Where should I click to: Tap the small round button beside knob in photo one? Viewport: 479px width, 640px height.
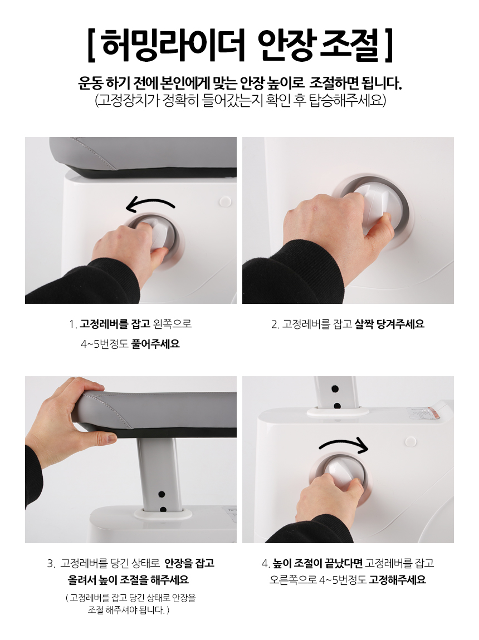[x=225, y=201]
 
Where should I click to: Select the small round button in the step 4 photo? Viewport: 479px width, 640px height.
[x=410, y=441]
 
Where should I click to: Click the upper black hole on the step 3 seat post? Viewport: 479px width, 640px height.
[x=162, y=494]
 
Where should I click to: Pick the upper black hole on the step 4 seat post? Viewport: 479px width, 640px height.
[x=335, y=389]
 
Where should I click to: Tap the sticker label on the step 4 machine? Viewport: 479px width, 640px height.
[x=424, y=412]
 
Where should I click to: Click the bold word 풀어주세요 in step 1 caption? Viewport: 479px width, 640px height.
[x=155, y=344]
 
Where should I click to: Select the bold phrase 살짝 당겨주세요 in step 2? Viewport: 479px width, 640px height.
[x=389, y=324]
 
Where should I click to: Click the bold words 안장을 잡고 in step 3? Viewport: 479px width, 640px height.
[x=189, y=563]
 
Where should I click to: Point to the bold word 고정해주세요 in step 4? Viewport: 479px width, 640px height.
[x=397, y=579]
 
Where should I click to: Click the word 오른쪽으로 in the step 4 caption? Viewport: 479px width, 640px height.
[x=293, y=579]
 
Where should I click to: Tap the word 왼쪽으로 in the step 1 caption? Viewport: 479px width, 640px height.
[x=172, y=324]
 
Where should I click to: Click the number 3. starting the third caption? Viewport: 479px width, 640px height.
[x=51, y=564]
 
